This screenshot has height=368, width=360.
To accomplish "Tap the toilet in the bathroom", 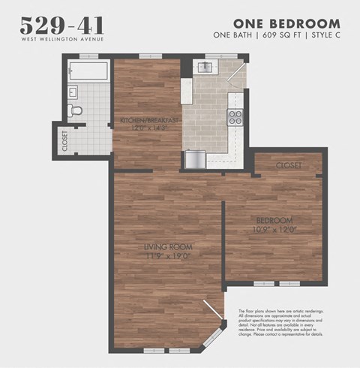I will pos(75,110).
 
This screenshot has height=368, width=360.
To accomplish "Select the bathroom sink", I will pos(72,92).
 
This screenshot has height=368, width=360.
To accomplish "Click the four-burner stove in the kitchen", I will pos(235,116).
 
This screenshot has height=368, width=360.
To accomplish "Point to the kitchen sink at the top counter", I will pos(204,68).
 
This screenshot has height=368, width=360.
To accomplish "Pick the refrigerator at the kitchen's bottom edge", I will pos(194,159).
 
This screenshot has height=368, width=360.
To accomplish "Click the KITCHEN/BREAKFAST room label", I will pos(149,120).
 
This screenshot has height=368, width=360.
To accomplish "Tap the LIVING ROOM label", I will pos(169,246).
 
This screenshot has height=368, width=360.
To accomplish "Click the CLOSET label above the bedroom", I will pos(289,164).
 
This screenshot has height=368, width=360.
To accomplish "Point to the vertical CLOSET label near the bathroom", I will pos(64,141).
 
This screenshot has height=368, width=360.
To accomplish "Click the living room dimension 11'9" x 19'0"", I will pos(169,256).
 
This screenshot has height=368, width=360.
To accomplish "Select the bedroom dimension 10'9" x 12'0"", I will pos(273,229).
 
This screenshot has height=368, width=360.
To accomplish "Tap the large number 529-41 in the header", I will pos(61,26).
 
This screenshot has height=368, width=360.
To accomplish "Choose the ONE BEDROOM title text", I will pos(286,23).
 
